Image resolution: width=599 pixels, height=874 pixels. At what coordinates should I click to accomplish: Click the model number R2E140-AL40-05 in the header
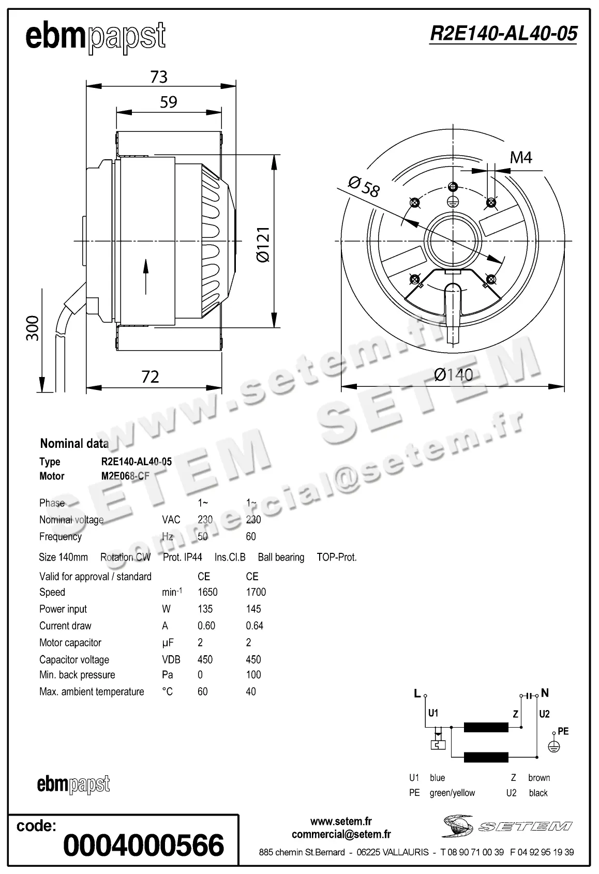coord(503,34)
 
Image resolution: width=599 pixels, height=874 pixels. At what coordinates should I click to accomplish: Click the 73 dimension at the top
coord(159,77)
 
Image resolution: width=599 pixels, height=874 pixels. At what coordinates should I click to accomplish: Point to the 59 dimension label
coord(169,102)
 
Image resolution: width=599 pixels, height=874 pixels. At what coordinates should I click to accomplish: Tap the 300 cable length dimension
coord(33,328)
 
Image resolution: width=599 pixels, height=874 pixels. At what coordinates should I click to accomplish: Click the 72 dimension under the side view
coord(150,376)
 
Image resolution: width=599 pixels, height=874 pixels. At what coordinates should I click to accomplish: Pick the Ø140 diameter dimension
coord(453,374)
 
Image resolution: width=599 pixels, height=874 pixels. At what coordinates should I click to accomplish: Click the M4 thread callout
coord(520,157)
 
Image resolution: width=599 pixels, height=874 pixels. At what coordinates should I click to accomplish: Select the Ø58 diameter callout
coord(364,187)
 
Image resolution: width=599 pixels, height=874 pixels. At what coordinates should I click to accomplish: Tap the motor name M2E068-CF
coord(125,476)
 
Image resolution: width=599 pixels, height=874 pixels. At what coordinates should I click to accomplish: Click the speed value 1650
coord(207,592)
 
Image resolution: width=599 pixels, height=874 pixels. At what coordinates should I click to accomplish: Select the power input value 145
coord(253,609)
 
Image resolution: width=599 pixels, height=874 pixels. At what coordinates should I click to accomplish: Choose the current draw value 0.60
coord(206,626)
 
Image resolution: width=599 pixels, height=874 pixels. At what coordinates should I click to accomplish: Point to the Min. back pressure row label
coord(77,675)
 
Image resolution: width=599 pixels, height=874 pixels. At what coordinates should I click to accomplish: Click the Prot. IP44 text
coord(182,557)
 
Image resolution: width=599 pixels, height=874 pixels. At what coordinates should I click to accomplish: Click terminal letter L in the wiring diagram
coord(417,694)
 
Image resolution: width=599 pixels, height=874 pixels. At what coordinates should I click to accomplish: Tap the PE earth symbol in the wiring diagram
coord(553,746)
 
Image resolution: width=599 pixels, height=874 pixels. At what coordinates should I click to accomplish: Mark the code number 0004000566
coord(144,845)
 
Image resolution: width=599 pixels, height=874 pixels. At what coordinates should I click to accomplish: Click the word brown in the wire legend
coord(538,778)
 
